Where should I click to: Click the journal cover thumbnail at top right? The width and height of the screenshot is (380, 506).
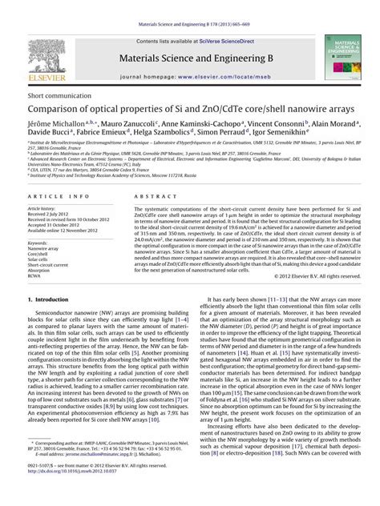(x=345, y=58)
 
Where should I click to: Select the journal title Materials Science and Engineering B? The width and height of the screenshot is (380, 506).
(x=189, y=58)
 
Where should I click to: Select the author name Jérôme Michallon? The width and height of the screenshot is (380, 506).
(x=56, y=124)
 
